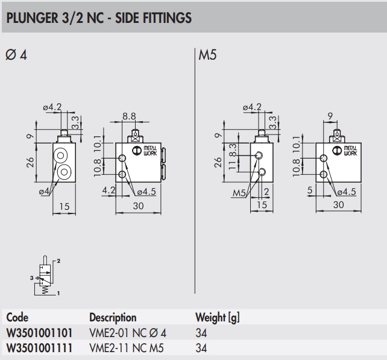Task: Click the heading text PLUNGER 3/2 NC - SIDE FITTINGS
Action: (x=98, y=19)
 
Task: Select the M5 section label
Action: (x=207, y=55)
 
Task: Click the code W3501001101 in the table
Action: (x=40, y=332)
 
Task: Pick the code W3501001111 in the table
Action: (x=40, y=347)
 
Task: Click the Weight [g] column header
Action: (x=217, y=317)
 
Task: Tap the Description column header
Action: (x=113, y=317)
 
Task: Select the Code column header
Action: (x=17, y=317)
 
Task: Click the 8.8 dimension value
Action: (x=128, y=116)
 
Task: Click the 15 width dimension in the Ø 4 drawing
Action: (x=64, y=206)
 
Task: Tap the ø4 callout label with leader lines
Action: (x=43, y=192)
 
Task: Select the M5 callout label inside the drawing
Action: (x=241, y=193)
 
